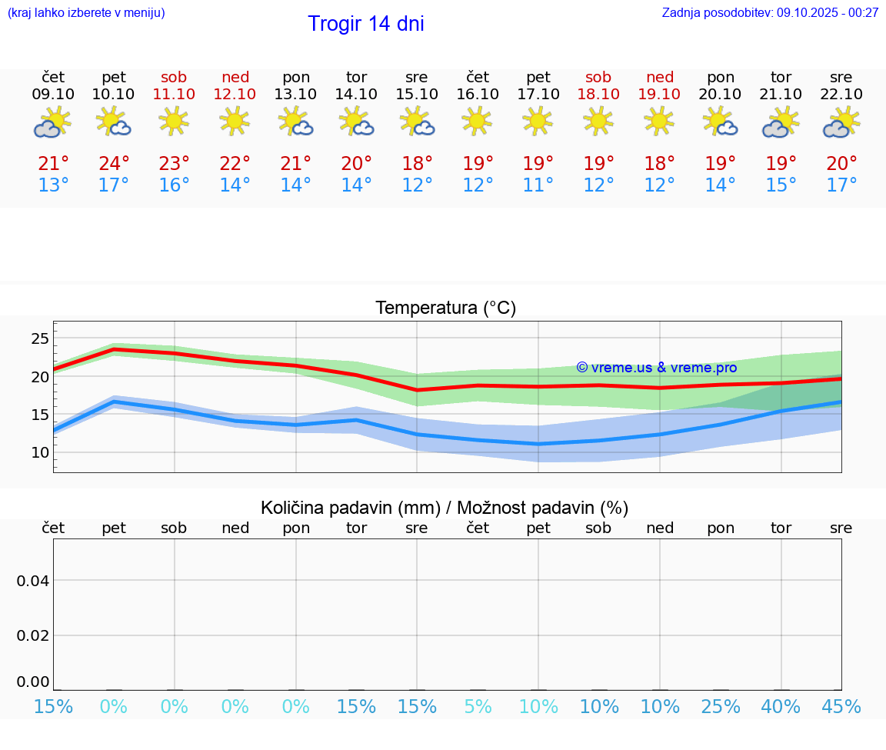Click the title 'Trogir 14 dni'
pyautogui.click(x=365, y=24)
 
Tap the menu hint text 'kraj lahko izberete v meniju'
pyautogui.click(x=86, y=12)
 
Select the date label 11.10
pyautogui.click(x=175, y=95)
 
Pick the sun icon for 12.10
pyautogui.click(x=235, y=121)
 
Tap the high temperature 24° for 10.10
pyautogui.click(x=113, y=164)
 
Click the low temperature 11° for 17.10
pyautogui.click(x=538, y=185)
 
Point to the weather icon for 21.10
pyautogui.click(x=781, y=123)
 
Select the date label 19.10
pyautogui.click(x=659, y=95)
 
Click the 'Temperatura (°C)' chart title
pyautogui.click(x=445, y=308)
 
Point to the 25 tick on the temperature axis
pyautogui.click(x=40, y=338)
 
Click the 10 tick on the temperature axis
pyautogui.click(x=40, y=452)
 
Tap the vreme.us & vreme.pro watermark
pyautogui.click(x=656, y=368)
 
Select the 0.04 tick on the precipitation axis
pyautogui.click(x=34, y=581)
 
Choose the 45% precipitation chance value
pyautogui.click(x=841, y=707)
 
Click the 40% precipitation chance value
pyautogui.click(x=781, y=707)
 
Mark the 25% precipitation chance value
pyautogui.click(x=720, y=707)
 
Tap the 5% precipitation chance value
pyautogui.click(x=478, y=707)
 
